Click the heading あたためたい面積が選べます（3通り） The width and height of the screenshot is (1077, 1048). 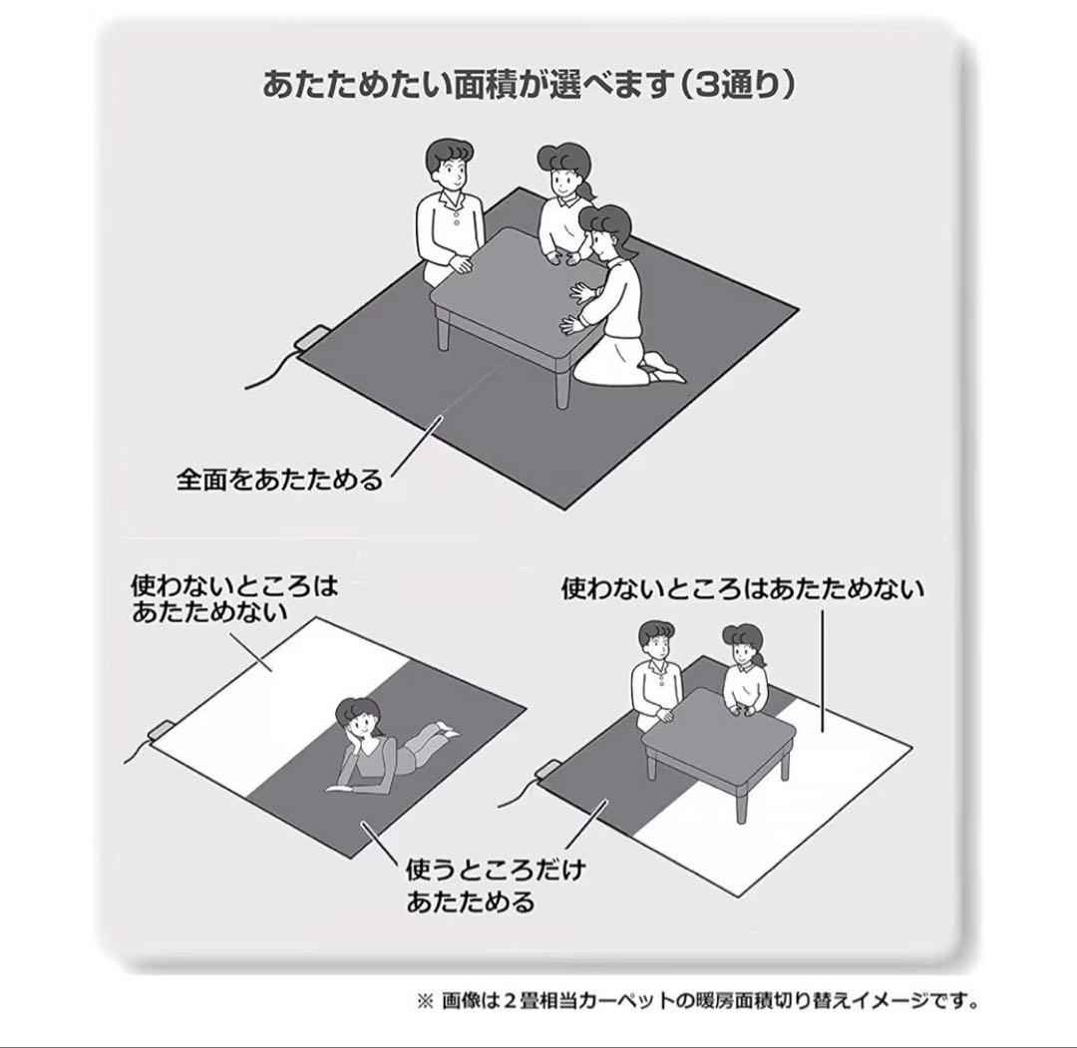pyautogui.click(x=529, y=85)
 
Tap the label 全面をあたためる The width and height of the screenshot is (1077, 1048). pyautogui.click(x=280, y=480)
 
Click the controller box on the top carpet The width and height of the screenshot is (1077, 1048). pyautogui.click(x=312, y=340)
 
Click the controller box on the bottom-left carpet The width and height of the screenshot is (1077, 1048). pyautogui.click(x=162, y=730)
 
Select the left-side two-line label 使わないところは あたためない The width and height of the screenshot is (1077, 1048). pyautogui.click(x=234, y=597)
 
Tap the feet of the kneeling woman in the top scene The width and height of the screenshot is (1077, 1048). pyautogui.click(x=663, y=370)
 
